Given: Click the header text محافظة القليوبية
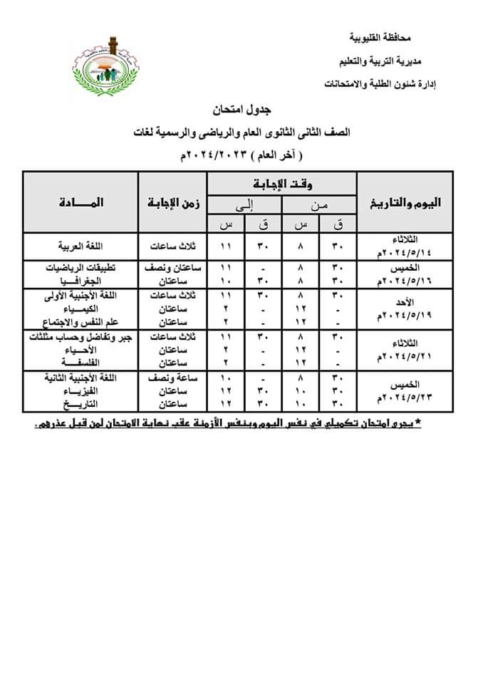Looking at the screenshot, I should coord(380,36).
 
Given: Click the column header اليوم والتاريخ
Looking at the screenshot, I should coord(405,202).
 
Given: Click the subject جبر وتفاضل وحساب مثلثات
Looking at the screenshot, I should coord(79,336).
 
